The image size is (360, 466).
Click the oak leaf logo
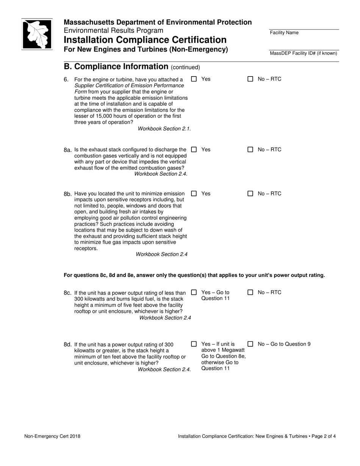coord(37,34)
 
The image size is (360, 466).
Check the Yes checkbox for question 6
coord(194,79)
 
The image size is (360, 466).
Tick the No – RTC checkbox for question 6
coord(250,79)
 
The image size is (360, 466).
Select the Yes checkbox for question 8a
coord(194,150)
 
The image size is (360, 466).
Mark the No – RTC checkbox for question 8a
coord(250,150)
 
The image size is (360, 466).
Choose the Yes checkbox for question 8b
coord(194,194)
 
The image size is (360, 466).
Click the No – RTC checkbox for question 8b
coord(250,194)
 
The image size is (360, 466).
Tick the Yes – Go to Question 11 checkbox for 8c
coord(194,292)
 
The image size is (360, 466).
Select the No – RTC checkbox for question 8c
coord(250,292)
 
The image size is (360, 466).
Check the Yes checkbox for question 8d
coord(194,344)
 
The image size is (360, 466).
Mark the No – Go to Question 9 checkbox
coord(250,344)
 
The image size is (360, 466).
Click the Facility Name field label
coord(284,33)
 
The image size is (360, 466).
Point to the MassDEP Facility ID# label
coord(303,53)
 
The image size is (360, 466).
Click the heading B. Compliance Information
coord(116,67)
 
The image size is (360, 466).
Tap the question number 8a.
coord(68,150)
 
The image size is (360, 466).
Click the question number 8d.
coord(68,345)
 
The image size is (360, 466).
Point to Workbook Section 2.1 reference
coord(164,129)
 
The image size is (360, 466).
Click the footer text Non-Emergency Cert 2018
coord(52,436)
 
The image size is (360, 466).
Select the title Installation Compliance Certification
coord(145,40)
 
